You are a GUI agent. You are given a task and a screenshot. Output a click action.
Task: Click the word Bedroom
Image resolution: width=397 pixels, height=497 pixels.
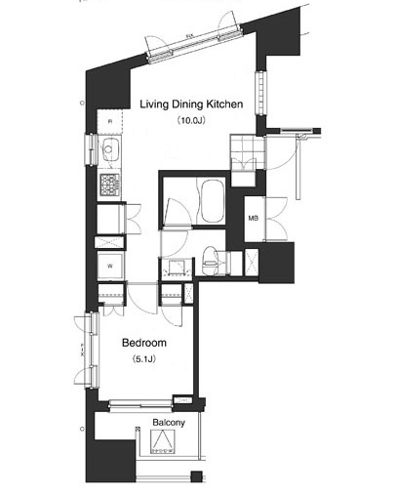[144, 344]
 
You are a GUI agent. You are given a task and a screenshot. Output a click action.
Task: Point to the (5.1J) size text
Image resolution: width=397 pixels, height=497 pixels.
[144, 361]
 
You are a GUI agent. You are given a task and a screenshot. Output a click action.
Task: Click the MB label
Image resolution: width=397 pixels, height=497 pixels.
[253, 219]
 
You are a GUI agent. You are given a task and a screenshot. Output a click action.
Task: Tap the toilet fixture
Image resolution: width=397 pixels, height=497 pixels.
[213, 260]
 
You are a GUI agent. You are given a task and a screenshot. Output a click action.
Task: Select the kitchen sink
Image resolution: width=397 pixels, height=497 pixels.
[107, 151]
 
